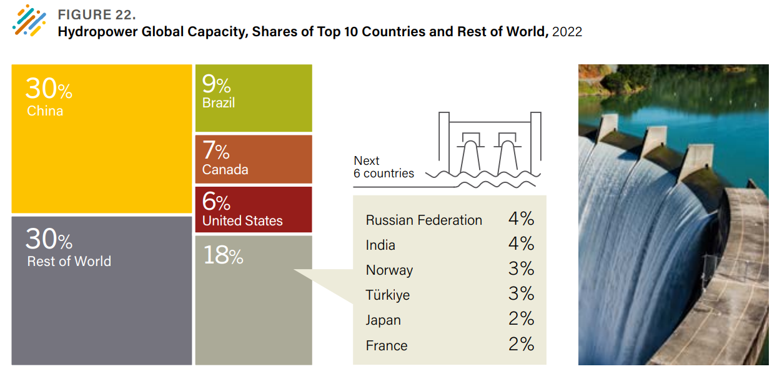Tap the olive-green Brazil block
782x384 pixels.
click(254, 98)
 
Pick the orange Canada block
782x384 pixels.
click(254, 159)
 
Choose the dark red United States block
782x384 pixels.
click(254, 209)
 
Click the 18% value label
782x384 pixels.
click(223, 256)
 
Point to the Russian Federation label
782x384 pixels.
click(423, 220)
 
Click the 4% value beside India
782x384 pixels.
click(521, 244)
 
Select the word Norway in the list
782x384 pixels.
click(389, 270)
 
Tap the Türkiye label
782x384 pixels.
click(388, 295)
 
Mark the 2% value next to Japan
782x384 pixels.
click(521, 319)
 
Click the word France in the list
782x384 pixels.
click(387, 346)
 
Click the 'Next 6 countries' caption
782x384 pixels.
click(384, 167)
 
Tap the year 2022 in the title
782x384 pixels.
click(567, 32)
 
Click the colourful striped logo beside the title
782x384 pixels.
click(29, 20)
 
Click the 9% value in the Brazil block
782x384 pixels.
click(216, 84)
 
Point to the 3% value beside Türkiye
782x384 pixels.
click(521, 294)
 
